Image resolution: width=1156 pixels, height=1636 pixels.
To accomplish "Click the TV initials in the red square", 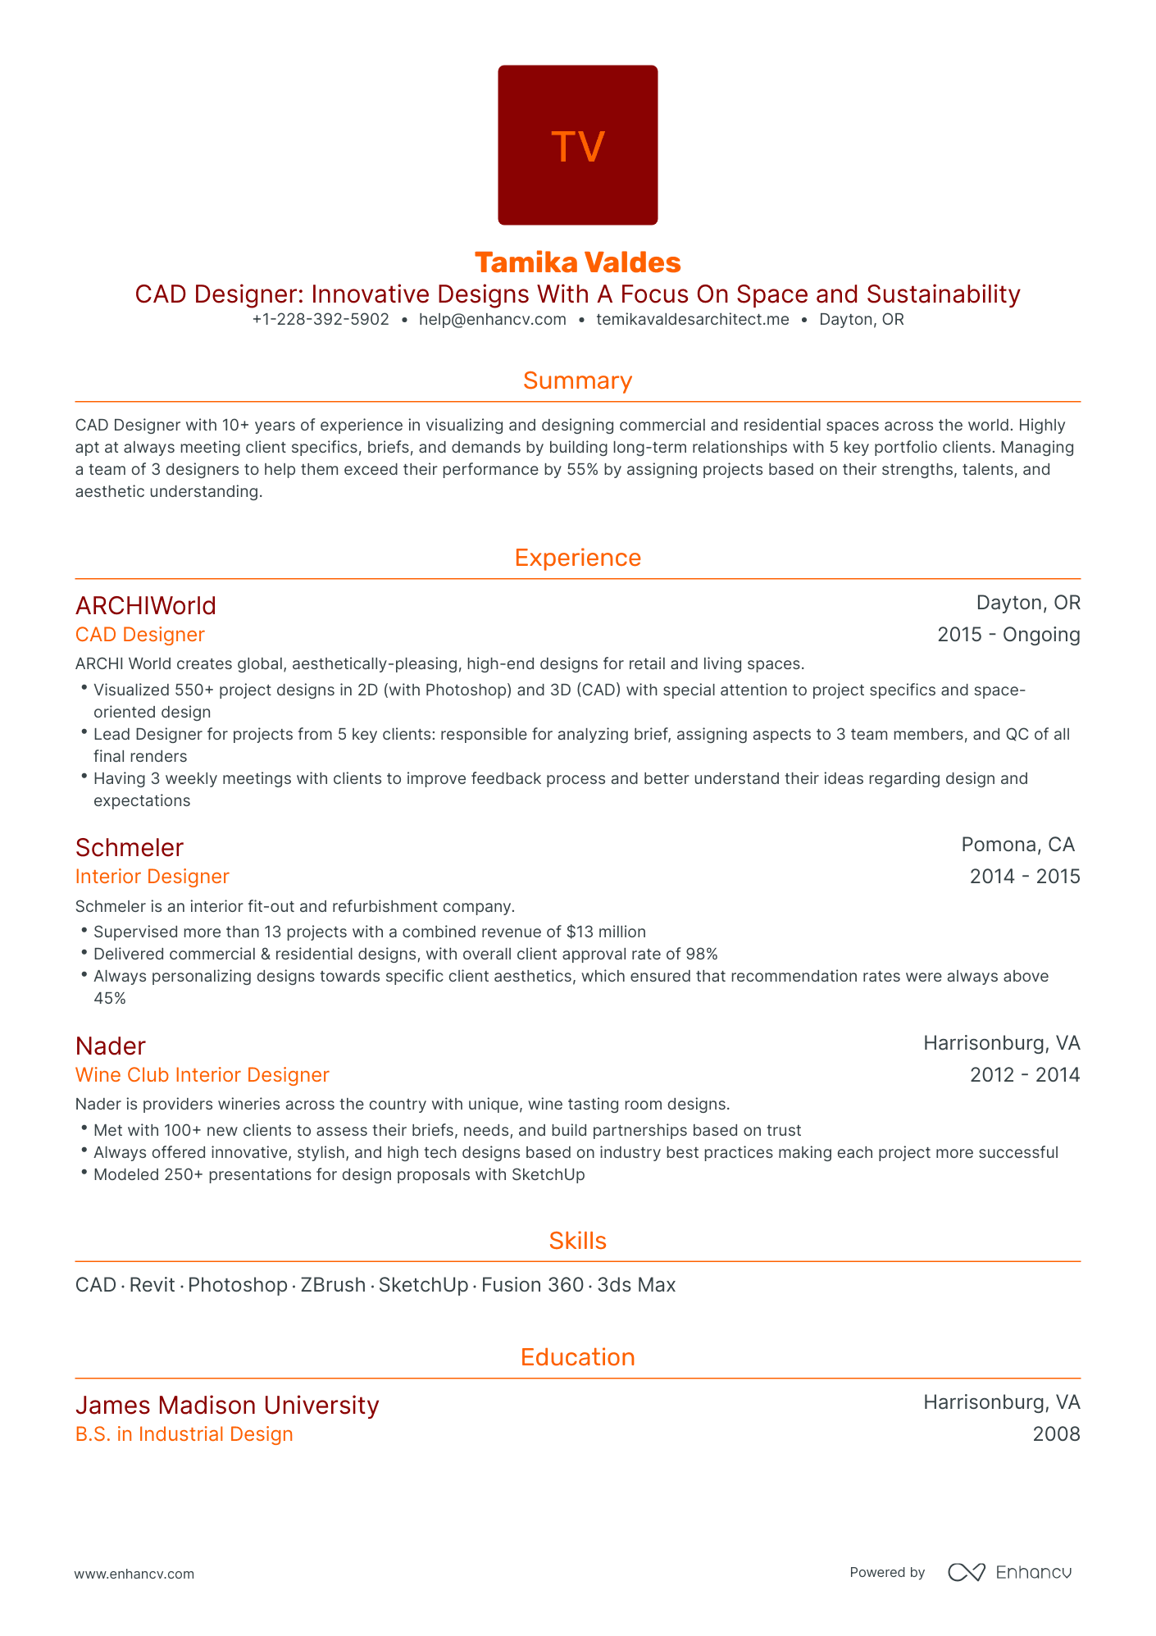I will [x=578, y=147].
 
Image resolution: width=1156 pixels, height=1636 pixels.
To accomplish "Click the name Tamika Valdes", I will [x=578, y=262].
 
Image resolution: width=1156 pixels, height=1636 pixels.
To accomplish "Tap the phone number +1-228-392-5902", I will [x=321, y=320].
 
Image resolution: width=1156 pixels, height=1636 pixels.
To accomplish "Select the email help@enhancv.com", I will [x=492, y=320].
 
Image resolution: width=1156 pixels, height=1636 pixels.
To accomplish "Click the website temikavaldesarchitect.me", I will [x=693, y=320].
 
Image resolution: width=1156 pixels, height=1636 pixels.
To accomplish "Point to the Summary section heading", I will [x=578, y=381].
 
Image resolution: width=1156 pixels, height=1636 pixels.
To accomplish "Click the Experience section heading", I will [x=578, y=558].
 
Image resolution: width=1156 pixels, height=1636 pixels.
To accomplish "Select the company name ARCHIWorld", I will [x=146, y=606].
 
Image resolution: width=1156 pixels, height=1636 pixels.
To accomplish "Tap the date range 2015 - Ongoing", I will [x=1008, y=635].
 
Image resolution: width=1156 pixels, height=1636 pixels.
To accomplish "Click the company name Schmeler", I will [x=130, y=848].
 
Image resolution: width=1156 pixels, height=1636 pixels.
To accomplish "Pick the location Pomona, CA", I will [x=1017, y=845].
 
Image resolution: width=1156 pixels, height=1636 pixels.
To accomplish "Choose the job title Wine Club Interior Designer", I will [x=202, y=1075].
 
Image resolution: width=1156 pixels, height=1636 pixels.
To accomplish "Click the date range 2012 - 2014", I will [x=1025, y=1075].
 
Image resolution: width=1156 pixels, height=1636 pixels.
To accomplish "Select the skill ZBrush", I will [x=333, y=1285].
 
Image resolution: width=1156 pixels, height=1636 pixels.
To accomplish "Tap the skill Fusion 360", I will [x=532, y=1285].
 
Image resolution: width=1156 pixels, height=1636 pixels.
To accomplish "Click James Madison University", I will [x=227, y=1406].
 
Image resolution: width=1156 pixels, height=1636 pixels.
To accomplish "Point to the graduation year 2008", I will [x=1056, y=1434].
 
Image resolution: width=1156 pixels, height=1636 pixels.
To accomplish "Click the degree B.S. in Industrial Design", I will [x=184, y=1434].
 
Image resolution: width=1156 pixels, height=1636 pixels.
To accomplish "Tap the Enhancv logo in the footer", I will [x=1010, y=1572].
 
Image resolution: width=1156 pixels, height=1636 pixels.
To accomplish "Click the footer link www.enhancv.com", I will [x=134, y=1574].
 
